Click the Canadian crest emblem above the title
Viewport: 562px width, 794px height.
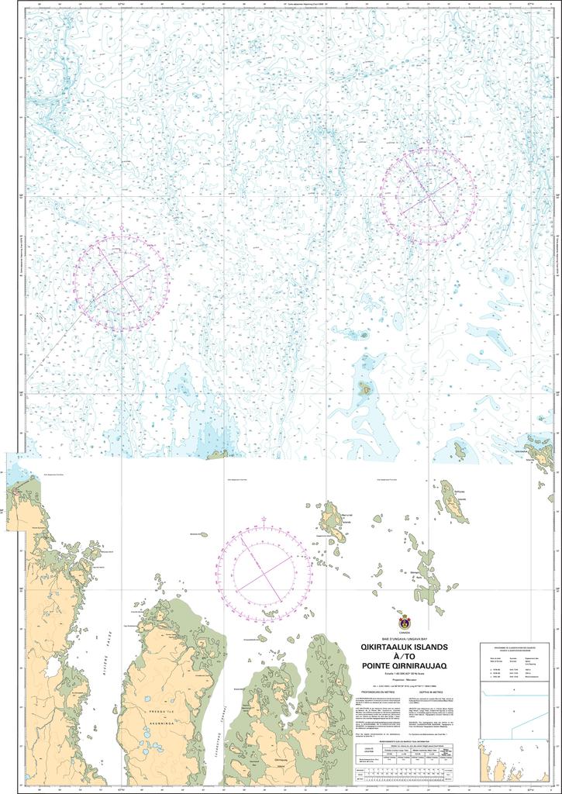click(404, 623)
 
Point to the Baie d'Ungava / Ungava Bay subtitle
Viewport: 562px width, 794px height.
click(403, 638)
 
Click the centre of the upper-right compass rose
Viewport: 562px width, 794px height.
click(428, 197)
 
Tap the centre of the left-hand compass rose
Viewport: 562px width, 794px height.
click(121, 284)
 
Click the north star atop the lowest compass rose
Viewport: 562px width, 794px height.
click(264, 520)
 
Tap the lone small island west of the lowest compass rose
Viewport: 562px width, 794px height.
click(203, 534)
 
